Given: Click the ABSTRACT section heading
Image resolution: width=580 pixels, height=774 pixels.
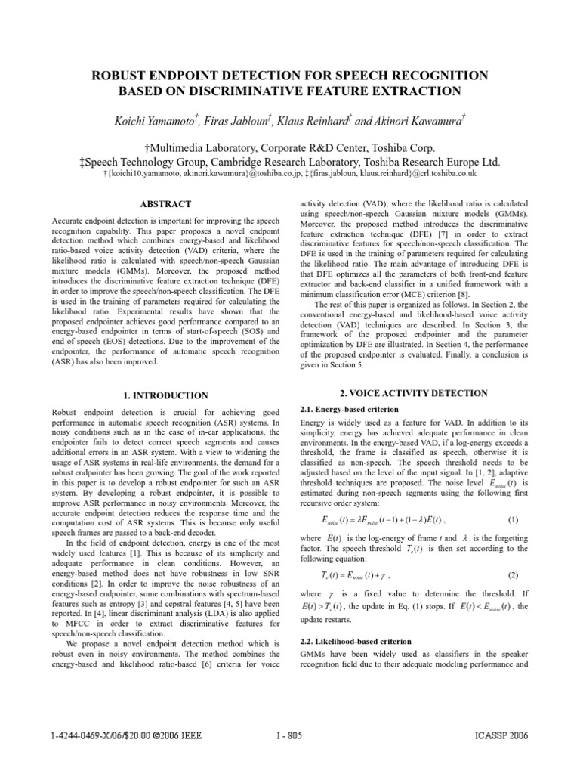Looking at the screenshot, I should (165, 204).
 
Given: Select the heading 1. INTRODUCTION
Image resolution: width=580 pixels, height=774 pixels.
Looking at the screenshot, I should (165, 395).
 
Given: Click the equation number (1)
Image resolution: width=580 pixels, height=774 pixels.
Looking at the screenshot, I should (513, 519).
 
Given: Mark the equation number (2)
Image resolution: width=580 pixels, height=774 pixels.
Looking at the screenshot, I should (513, 576).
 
